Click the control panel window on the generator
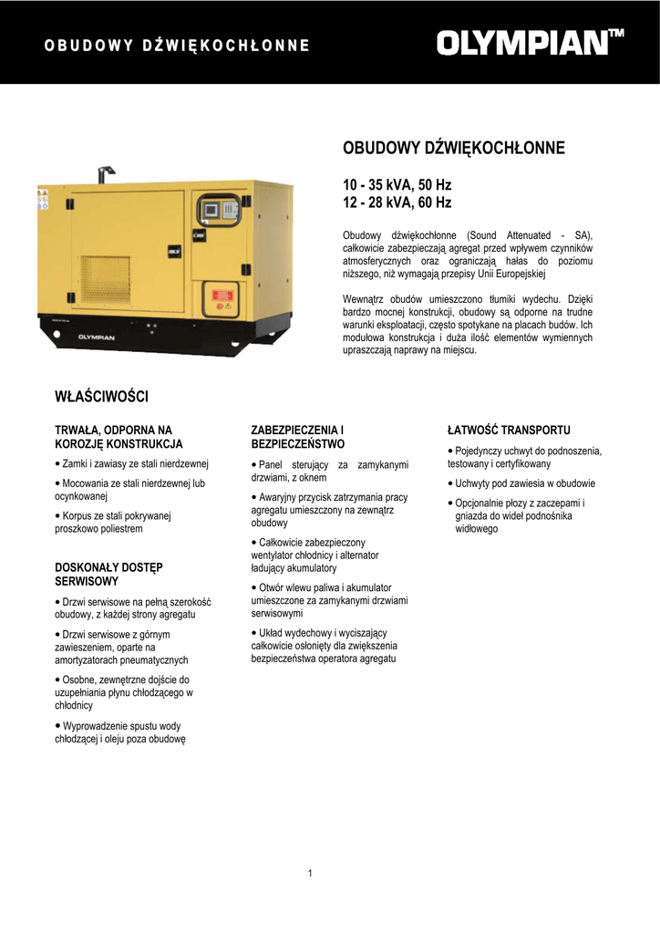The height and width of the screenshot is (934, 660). coord(220,210)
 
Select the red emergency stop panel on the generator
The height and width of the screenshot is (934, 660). coord(220,298)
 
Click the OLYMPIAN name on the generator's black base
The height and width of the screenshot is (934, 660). coord(95,337)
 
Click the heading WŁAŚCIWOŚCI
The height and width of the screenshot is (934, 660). coord(101,397)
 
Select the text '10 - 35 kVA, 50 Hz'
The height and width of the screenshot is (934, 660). coord(397,185)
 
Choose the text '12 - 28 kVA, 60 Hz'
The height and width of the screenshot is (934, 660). coord(397,202)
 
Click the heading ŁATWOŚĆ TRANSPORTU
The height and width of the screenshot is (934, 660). coord(509,429)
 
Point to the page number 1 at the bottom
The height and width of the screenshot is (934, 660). coord(310,874)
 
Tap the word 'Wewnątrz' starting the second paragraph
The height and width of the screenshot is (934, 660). coord(364,298)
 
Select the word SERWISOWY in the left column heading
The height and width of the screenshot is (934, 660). coord(88,581)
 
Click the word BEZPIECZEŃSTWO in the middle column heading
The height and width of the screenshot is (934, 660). coord(298,444)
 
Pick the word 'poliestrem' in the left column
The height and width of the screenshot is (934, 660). coord(120,529)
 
